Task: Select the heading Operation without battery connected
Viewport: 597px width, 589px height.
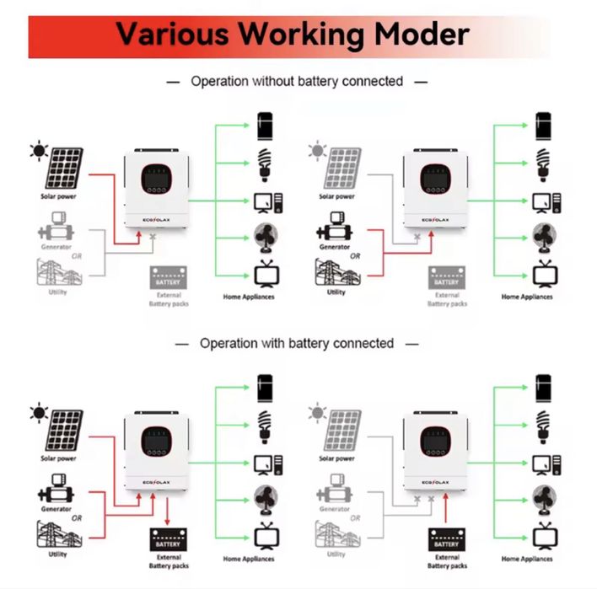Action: pos(297,82)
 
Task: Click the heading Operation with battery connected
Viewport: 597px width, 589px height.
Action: pos(297,344)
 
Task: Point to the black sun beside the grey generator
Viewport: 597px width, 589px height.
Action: pos(38,152)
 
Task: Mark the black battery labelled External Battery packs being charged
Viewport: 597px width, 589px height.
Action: pos(169,539)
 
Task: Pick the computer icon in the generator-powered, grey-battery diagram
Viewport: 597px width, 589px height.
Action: pos(543,201)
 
